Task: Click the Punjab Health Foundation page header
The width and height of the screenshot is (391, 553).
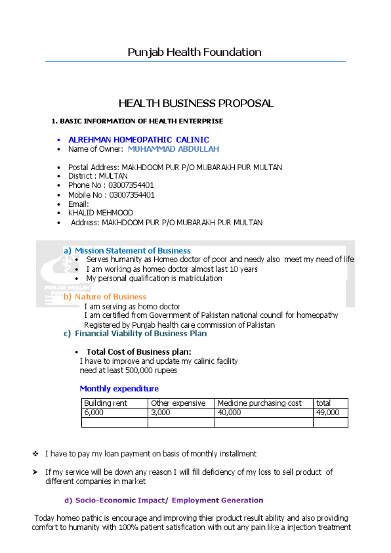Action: tap(194, 53)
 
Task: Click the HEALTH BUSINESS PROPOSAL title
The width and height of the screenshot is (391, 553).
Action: tap(195, 104)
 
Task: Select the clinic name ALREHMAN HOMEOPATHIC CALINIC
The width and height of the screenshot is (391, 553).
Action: tap(138, 140)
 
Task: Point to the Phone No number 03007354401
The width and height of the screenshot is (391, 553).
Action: tap(131, 186)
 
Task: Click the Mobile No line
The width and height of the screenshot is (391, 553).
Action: tap(112, 195)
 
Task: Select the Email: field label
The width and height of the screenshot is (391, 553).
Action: tap(78, 204)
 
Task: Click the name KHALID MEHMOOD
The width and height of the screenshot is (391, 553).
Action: tap(100, 213)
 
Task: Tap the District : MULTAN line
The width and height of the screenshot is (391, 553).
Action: tap(98, 177)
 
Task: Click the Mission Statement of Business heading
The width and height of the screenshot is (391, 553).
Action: tap(132, 251)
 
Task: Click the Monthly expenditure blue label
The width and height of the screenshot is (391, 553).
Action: tap(119, 389)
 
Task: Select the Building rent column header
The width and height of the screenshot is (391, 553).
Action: tap(106, 403)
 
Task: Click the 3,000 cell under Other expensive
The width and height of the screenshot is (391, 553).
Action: tap(161, 412)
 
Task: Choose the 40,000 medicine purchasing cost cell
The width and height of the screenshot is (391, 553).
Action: tap(229, 412)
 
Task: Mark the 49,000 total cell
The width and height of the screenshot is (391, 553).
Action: tap(327, 412)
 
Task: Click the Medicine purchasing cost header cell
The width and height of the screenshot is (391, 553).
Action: tap(259, 403)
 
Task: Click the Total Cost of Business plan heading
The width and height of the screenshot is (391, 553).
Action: tap(138, 352)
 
